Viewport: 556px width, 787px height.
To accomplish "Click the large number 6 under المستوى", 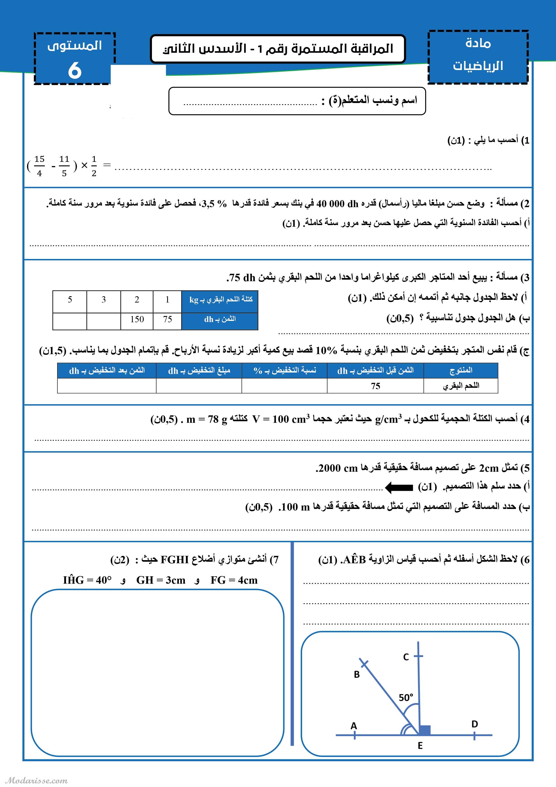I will click(x=75, y=71).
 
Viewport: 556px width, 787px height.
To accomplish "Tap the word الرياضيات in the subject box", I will click(x=478, y=66).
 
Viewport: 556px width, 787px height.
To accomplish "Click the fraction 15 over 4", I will click(x=39, y=166).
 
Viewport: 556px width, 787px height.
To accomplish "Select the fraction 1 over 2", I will click(x=94, y=166).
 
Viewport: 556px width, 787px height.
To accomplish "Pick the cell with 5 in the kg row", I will click(x=70, y=300).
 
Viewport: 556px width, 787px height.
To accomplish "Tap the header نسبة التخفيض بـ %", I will click(x=285, y=370).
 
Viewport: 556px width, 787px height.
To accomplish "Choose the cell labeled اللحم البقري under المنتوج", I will click(x=461, y=386).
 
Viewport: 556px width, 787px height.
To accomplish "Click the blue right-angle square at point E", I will click(x=425, y=730).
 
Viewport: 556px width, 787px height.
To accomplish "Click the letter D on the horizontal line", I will click(x=474, y=724).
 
